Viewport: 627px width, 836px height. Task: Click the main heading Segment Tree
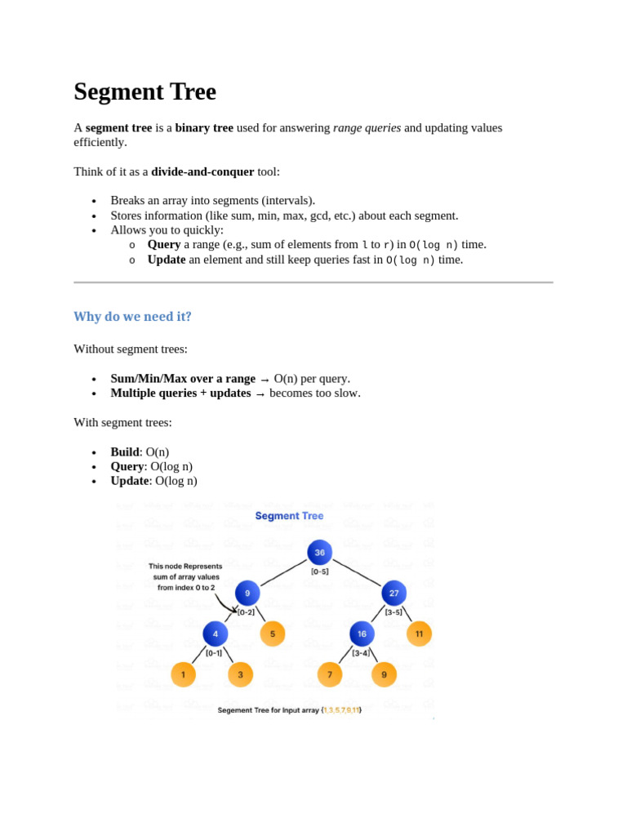point(145,91)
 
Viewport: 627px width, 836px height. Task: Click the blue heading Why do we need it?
point(132,316)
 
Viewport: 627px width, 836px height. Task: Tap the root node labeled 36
point(319,553)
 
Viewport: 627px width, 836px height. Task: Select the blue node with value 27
point(394,594)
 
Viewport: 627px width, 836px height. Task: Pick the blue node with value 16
point(362,634)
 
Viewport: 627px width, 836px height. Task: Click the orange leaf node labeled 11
point(419,634)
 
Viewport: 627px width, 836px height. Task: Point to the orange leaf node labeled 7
point(330,674)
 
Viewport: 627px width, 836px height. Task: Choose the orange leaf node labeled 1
point(184,674)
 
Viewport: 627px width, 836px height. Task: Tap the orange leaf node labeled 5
point(273,634)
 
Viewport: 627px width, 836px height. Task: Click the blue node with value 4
point(216,634)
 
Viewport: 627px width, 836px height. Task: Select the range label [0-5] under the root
point(320,571)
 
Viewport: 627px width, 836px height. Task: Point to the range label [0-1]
point(214,652)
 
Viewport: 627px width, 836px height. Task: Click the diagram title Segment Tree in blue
point(289,516)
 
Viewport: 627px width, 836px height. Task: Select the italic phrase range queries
point(367,127)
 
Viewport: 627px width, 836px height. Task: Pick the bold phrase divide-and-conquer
point(202,171)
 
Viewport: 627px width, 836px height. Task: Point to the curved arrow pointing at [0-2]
point(223,604)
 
